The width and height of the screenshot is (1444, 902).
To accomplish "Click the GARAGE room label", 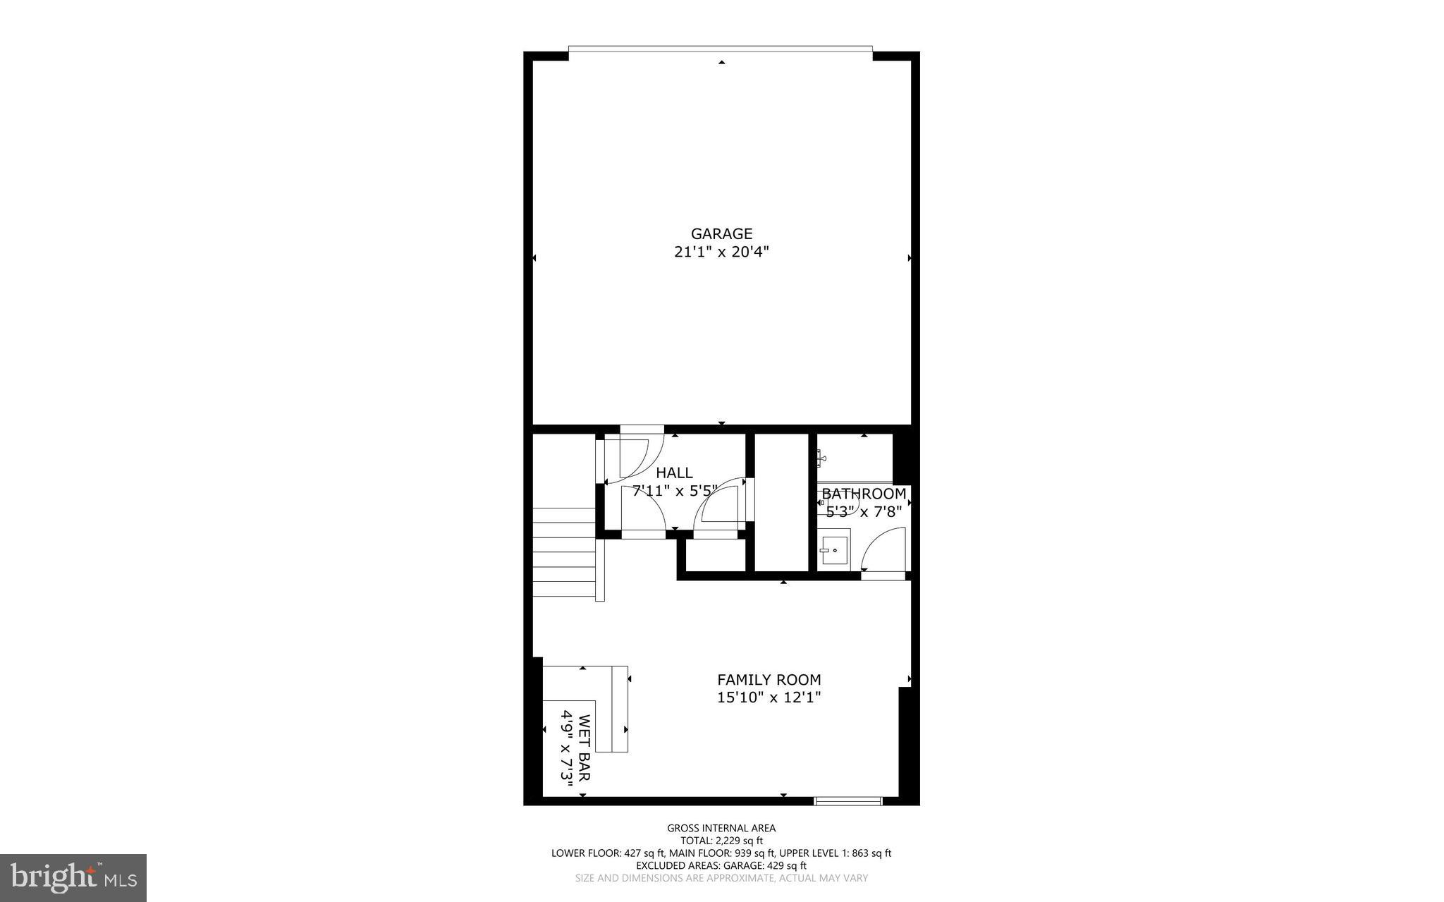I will [x=721, y=233].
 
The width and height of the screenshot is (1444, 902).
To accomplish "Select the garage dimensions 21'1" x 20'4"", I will [x=721, y=252].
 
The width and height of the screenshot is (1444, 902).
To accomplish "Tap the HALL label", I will [x=674, y=473].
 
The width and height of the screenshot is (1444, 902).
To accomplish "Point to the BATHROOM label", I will [x=864, y=494].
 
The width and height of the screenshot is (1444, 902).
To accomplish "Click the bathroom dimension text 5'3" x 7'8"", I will [x=864, y=511].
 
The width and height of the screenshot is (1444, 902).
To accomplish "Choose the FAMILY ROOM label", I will [x=769, y=680].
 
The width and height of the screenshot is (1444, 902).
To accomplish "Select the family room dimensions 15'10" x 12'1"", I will [x=769, y=697].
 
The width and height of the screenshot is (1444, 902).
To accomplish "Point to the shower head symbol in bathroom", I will [x=821, y=458].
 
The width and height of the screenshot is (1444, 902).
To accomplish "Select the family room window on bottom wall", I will [x=848, y=800].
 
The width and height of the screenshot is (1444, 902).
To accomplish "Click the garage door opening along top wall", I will [x=721, y=49].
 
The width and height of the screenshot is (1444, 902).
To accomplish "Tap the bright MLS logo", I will [x=73, y=877].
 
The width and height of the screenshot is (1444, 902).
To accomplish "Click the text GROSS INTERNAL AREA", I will [x=721, y=828].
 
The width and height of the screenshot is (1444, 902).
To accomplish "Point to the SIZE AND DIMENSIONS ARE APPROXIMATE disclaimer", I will [x=721, y=878].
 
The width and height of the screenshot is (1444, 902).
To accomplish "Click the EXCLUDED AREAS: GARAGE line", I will [x=721, y=865].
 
